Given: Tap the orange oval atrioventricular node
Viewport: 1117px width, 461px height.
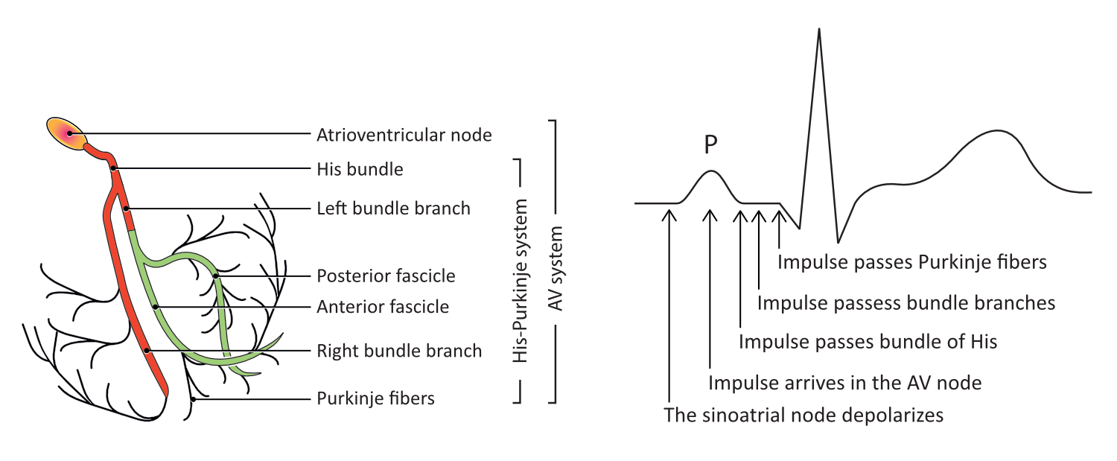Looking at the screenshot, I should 67,133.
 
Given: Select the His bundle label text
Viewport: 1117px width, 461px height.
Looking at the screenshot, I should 360,169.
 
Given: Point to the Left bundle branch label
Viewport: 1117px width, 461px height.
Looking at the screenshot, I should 393,208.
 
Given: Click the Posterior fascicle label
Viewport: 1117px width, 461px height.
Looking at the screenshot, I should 386,276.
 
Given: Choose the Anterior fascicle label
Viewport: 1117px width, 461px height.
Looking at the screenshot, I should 383,306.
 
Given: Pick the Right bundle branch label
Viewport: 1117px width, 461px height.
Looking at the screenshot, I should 399,350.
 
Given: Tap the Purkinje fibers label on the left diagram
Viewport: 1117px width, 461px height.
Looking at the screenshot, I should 375,398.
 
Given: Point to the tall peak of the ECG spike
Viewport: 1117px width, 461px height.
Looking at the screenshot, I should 819,31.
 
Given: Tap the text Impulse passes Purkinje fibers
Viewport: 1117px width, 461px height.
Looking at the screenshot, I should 912,262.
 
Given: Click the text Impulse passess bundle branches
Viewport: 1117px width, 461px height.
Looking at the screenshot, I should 906,302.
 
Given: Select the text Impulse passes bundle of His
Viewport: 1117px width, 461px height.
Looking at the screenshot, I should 868,342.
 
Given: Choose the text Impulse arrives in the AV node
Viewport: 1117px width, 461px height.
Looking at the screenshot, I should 845,383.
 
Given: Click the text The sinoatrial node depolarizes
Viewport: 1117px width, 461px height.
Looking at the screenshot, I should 803,415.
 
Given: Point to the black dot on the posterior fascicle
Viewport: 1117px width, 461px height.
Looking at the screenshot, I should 215,276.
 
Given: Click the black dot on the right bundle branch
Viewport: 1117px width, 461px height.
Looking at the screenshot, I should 147,350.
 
